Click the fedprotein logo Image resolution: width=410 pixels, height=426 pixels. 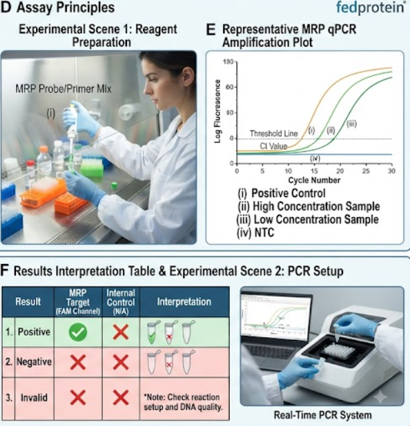point(371,7)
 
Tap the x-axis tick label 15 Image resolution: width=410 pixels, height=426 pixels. point(314,171)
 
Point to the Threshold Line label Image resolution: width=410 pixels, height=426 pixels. point(274,134)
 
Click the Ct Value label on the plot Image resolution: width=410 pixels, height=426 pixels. point(273,146)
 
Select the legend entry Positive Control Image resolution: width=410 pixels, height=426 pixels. point(282,193)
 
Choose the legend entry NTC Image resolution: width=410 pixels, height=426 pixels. point(255,232)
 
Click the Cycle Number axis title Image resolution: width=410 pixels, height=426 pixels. point(314,180)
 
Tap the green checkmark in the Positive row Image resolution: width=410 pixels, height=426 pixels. point(78,333)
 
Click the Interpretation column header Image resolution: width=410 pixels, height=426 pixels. point(184,302)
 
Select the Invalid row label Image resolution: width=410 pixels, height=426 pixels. point(34,398)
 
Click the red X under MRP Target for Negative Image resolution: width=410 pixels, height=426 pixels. point(78,363)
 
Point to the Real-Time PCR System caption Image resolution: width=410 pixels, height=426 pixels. point(323,415)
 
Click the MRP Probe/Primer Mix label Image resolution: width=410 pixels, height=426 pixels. point(63,89)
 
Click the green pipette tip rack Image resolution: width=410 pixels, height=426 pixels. point(92,166)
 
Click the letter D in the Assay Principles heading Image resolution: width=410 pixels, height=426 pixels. point(6,7)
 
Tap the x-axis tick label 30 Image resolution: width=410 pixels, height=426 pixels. point(391,171)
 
